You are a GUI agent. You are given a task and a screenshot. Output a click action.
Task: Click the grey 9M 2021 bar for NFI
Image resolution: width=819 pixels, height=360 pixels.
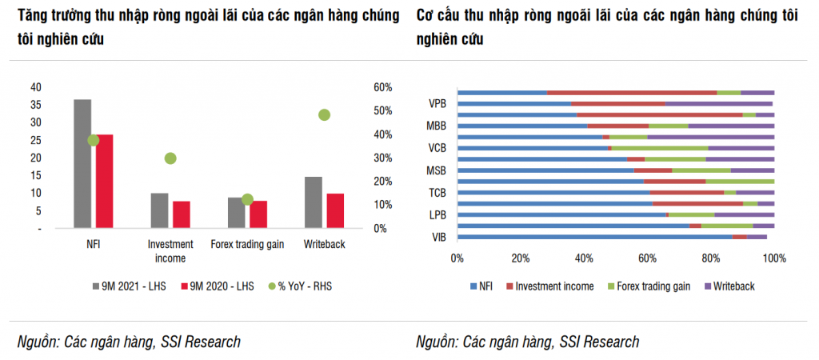pos(82,164)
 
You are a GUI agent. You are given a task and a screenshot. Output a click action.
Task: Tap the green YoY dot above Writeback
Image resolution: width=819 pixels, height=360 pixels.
pos(324,114)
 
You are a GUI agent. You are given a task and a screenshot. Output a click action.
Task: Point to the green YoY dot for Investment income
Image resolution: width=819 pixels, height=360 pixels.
pos(170,158)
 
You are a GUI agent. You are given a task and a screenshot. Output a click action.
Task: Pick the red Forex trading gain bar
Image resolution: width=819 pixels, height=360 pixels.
pos(258,214)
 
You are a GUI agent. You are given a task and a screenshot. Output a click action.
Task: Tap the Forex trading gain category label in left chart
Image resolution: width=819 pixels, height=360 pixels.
pos(247,244)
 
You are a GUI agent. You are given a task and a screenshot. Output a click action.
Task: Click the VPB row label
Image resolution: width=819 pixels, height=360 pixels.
pos(437,103)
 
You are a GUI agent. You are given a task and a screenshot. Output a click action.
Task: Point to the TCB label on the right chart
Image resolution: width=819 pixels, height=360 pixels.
pos(437,193)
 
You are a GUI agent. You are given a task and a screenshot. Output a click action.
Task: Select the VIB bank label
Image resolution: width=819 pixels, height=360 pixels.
pos(438,238)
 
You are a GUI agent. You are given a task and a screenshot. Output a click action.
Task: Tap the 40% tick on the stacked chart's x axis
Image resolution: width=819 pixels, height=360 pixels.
pos(584,258)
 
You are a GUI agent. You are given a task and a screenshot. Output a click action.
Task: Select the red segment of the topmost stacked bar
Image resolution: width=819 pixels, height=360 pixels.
pos(632,93)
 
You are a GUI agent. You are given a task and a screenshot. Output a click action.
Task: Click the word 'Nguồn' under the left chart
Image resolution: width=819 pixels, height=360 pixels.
pos(38,342)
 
